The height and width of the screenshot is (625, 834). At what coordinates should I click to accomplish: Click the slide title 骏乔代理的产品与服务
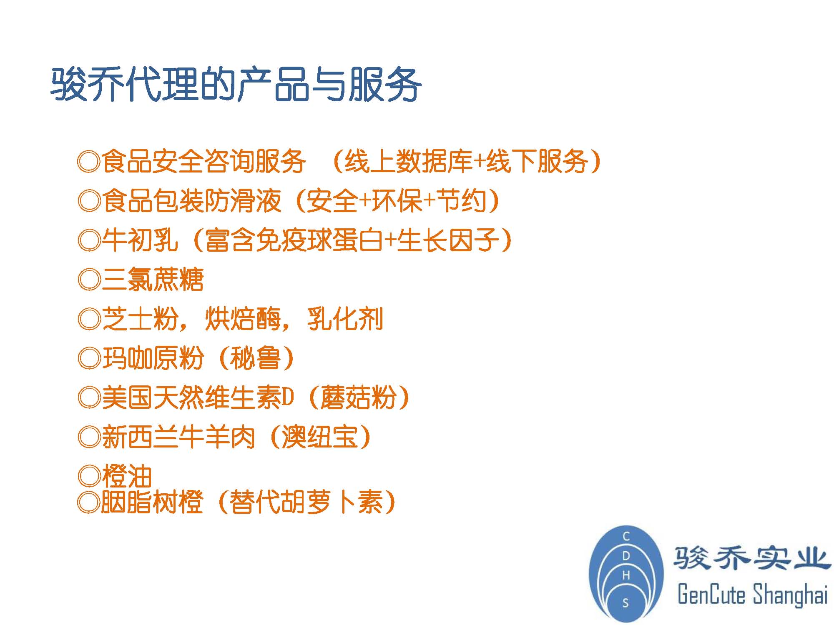(236, 85)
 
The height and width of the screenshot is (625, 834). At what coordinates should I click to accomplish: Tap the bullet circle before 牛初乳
(89, 240)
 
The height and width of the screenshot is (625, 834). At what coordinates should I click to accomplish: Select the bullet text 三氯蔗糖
(153, 280)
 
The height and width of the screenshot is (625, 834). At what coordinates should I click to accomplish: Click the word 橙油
(127, 476)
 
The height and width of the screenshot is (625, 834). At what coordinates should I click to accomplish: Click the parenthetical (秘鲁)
(256, 358)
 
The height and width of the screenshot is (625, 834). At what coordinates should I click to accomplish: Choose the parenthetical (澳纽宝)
(320, 437)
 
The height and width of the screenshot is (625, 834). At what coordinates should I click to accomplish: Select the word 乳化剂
(345, 319)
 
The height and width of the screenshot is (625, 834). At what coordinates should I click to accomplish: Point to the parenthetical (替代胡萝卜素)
(306, 502)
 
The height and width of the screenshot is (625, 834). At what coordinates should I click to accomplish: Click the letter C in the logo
(626, 536)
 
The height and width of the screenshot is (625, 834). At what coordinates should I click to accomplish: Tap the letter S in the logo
(625, 603)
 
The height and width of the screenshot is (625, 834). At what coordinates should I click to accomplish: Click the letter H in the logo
(626, 575)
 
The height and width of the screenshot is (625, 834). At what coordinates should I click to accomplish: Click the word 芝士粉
(140, 319)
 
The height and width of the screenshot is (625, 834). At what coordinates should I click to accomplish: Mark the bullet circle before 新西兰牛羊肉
(89, 437)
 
